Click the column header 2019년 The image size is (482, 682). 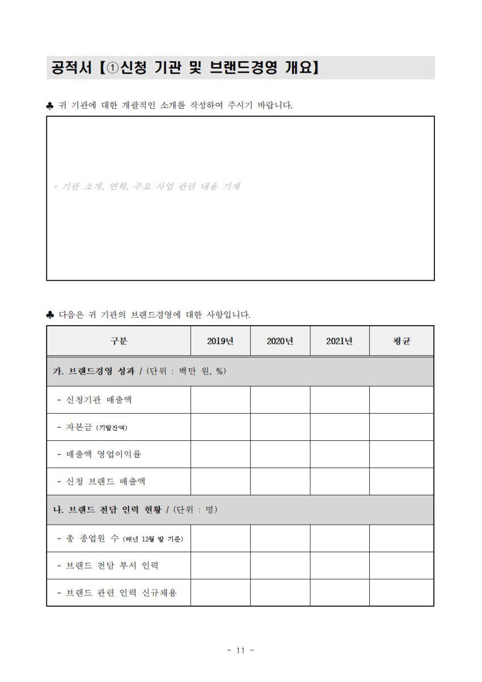221,341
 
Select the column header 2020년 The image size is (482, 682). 280,341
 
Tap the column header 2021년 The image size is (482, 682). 340,341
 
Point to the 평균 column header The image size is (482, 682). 401,341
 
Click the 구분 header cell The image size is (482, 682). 119,341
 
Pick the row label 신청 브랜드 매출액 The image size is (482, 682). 102,482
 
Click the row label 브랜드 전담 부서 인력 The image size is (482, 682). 108,566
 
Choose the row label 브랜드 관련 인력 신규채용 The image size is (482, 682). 117,593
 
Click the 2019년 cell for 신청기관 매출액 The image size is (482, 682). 221,400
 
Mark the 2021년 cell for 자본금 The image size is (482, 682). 340,427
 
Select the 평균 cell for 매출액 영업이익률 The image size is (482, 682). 401,454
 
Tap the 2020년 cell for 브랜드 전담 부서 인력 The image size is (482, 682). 280,566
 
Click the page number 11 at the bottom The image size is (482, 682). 240,651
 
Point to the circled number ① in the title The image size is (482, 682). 112,68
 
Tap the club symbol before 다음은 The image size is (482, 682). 50,314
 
